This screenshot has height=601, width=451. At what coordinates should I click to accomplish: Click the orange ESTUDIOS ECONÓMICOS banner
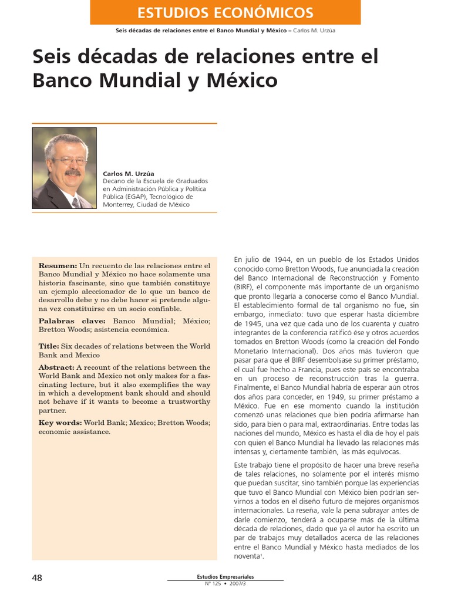(x=225, y=12)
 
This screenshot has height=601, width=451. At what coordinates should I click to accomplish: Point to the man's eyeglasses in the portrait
(x=69, y=160)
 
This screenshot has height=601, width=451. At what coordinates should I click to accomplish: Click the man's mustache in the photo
(x=72, y=173)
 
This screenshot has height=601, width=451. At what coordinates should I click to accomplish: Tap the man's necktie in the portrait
(x=75, y=202)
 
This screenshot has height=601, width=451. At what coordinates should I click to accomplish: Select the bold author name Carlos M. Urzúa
(x=128, y=174)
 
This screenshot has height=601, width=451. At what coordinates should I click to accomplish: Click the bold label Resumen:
(x=58, y=266)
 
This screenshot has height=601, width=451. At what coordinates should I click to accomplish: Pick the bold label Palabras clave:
(x=72, y=321)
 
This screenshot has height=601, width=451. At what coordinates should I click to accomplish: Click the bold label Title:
(x=49, y=346)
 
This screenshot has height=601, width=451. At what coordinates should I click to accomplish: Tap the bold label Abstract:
(x=56, y=367)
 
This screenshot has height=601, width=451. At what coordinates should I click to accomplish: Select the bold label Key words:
(x=60, y=423)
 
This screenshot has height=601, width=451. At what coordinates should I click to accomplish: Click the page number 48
(x=37, y=578)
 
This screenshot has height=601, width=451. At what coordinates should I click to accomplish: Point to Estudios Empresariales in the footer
(x=225, y=576)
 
